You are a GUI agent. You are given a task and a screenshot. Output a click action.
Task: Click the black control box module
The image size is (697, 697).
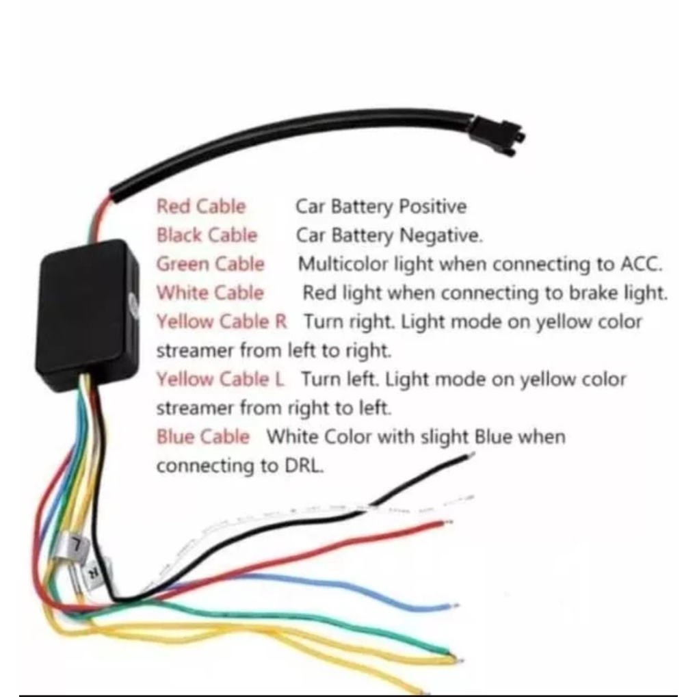point(87,315)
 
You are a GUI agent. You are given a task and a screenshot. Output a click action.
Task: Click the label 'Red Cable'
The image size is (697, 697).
point(201,207)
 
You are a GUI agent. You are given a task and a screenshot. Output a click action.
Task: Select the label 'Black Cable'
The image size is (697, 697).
point(207,235)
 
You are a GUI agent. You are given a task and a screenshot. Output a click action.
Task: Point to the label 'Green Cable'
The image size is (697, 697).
point(210,264)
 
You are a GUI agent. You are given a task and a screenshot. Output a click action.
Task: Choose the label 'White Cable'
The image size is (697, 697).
point(210,293)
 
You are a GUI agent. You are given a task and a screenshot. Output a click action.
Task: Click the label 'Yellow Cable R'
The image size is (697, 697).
point(222,321)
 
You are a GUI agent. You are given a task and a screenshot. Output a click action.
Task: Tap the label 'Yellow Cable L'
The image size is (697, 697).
point(220,379)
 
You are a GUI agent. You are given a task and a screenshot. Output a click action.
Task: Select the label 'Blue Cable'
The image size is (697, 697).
point(203,436)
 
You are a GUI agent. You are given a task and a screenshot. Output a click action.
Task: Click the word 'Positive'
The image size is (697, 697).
point(432,207)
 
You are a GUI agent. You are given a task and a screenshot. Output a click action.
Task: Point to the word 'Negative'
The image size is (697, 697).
point(440,235)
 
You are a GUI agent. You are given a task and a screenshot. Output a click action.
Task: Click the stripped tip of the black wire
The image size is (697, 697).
point(471,456)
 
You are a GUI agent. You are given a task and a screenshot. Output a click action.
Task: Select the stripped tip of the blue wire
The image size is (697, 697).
point(454,605)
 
